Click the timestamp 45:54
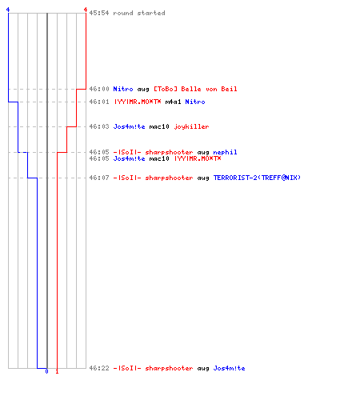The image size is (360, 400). pyautogui.click(x=99, y=13)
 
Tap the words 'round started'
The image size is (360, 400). pyautogui.click(x=139, y=13)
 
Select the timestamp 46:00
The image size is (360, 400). pyautogui.click(x=99, y=89)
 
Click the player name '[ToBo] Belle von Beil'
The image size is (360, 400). pyautogui.click(x=195, y=89)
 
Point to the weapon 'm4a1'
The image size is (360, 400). pyautogui.click(x=173, y=102)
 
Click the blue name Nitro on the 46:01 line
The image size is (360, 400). pyautogui.click(x=195, y=102)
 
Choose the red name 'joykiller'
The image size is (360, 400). pyautogui.click(x=191, y=126)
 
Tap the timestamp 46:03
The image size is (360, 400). pyautogui.click(x=99, y=126)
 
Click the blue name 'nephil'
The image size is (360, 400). pyautogui.click(x=225, y=152)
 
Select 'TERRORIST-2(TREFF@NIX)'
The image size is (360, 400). pyautogui.click(x=257, y=178)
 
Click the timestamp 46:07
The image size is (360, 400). pyautogui.click(x=99, y=178)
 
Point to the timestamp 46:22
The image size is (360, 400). pyautogui.click(x=99, y=368)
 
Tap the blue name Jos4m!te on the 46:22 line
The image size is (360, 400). pyautogui.click(x=229, y=368)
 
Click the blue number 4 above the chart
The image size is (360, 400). pyautogui.click(x=8, y=10)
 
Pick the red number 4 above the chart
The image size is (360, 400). pyautogui.click(x=86, y=10)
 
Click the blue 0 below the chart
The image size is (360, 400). pyautogui.click(x=46, y=371)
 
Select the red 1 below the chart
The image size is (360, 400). pyautogui.click(x=57, y=371)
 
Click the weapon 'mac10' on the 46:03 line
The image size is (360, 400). pyautogui.click(x=159, y=126)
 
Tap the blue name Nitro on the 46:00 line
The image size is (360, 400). pyautogui.click(x=123, y=89)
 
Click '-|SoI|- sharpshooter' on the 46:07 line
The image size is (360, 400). pyautogui.click(x=153, y=178)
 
